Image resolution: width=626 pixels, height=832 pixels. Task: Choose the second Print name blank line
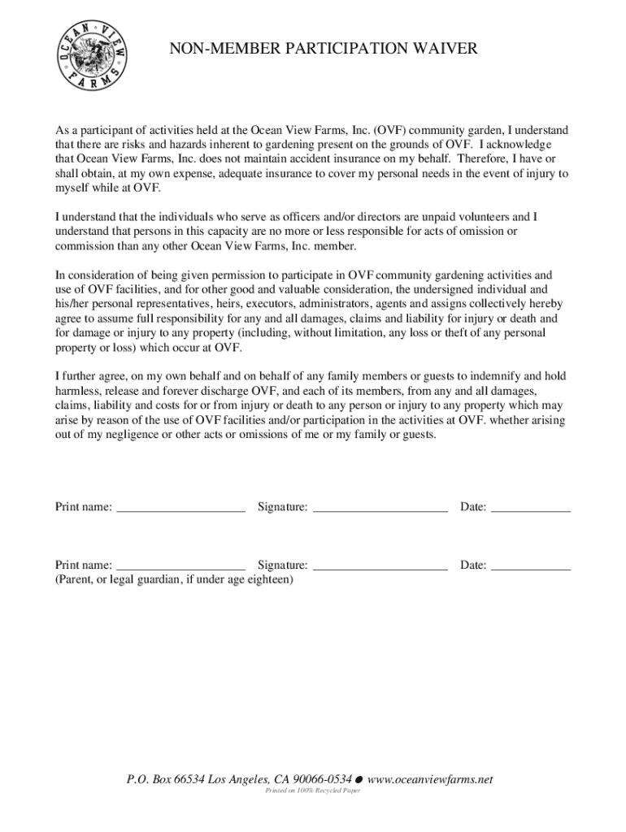click(x=180, y=566)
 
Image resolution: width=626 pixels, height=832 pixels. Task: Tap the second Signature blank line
click(x=380, y=566)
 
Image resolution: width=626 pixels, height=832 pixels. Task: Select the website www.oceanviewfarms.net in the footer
click(x=430, y=780)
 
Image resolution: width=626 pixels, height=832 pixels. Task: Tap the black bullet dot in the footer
click(x=359, y=780)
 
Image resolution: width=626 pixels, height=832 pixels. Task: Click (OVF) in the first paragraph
click(x=389, y=131)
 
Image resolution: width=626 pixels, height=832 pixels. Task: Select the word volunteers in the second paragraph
click(x=480, y=217)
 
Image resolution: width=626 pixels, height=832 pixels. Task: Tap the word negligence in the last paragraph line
click(x=136, y=435)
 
